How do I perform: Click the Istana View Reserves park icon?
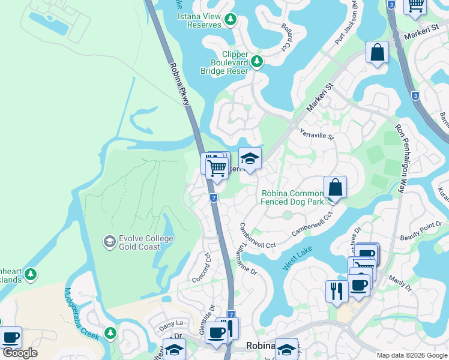pyautogui.click(x=230, y=20)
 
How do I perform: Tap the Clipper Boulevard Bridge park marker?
pyautogui.click(x=257, y=61)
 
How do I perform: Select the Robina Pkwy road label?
pyautogui.click(x=179, y=84)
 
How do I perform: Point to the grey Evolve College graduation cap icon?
pyautogui.click(x=109, y=242)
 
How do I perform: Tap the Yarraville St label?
pyautogui.click(x=316, y=134)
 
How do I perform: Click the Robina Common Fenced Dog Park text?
pyautogui.click(x=292, y=197)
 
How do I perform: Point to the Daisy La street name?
pyautogui.click(x=171, y=322)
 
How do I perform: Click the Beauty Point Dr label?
pyautogui.click(x=421, y=230)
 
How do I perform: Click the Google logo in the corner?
pyautogui.click(x=20, y=353)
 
